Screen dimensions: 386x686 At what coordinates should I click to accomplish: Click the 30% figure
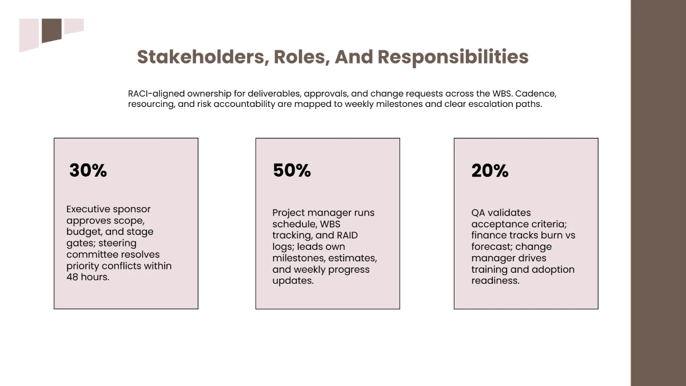pos(88,170)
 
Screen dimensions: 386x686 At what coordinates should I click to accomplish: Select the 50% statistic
pos(292,170)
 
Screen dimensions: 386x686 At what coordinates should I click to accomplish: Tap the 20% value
pos(490,170)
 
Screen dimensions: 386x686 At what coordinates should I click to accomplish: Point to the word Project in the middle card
pos(289,213)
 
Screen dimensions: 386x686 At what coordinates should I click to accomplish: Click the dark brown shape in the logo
pos(51,30)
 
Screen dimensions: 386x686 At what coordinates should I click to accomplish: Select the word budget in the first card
pos(83,232)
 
